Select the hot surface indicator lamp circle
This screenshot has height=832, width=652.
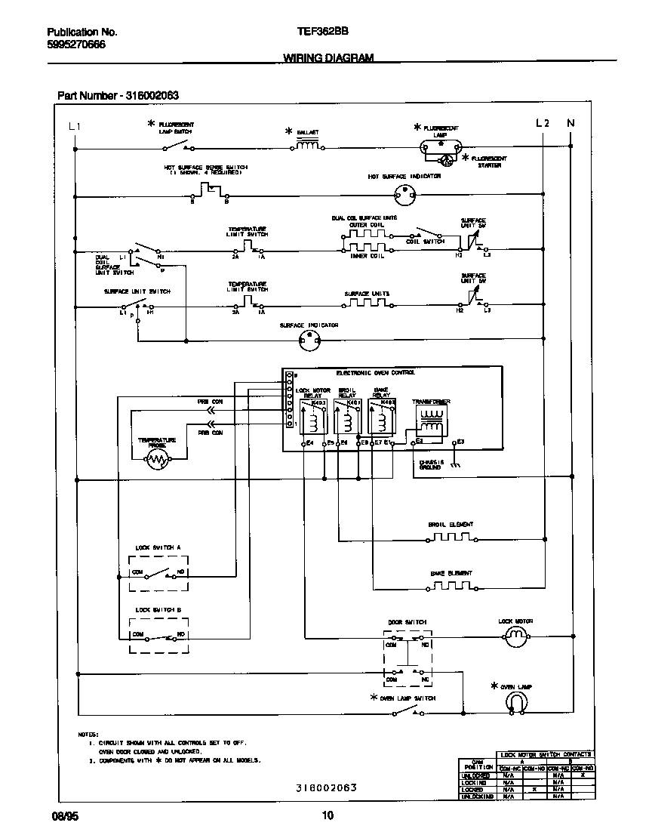coord(406,196)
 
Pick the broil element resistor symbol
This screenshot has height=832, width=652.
coord(451,538)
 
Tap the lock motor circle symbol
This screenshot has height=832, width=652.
coord(515,638)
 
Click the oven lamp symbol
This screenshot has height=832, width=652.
coord(515,703)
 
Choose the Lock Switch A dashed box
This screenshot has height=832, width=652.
coord(158,572)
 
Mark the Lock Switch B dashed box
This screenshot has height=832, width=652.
coord(158,634)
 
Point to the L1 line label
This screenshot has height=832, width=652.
coord(73,125)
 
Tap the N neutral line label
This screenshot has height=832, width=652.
coord(570,123)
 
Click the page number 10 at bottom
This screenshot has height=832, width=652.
coord(327,815)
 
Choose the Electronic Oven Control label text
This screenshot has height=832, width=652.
coord(375,372)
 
